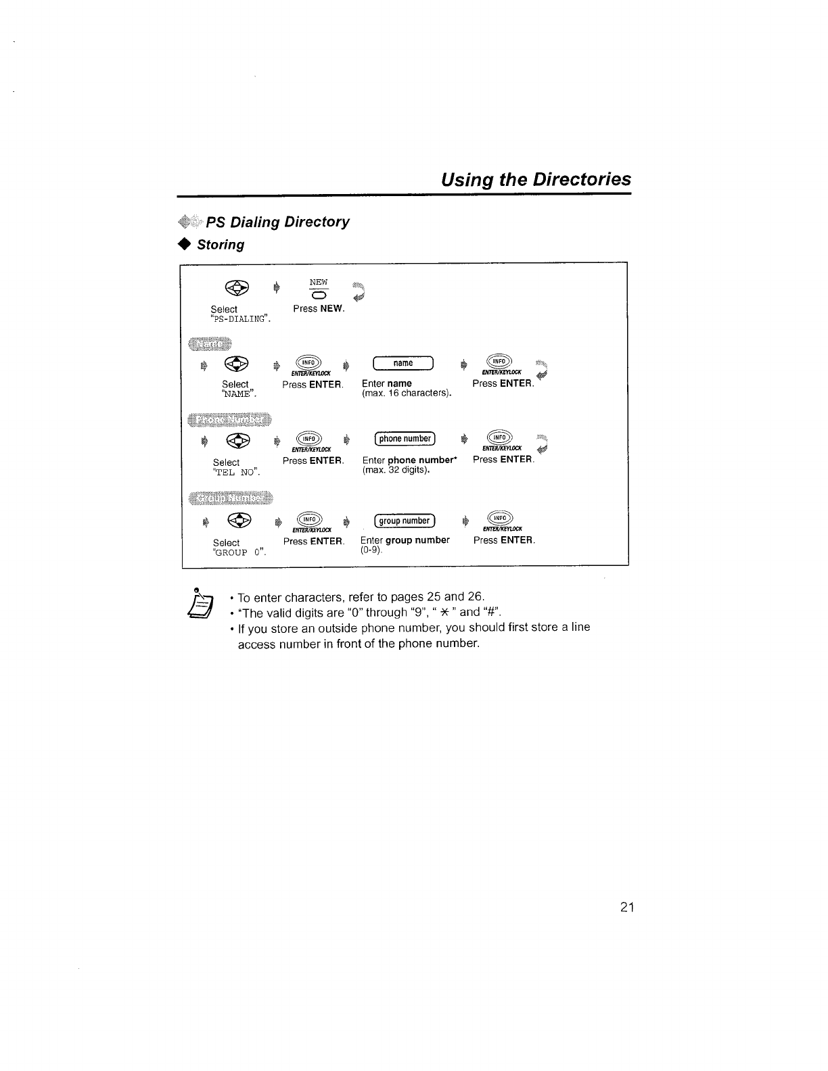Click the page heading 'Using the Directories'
point(535,179)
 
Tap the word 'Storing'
point(221,245)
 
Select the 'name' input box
point(403,364)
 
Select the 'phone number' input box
point(405,439)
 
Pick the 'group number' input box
point(405,521)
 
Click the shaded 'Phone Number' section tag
point(229,419)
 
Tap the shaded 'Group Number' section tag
point(229,498)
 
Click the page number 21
point(626,907)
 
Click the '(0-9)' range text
point(371,550)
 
